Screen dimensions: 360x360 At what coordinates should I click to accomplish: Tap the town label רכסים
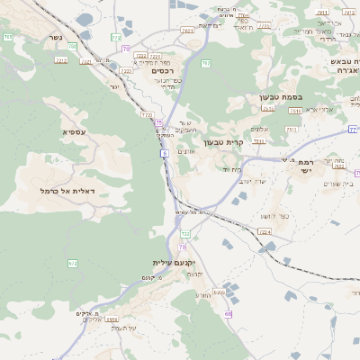click(x=162, y=70)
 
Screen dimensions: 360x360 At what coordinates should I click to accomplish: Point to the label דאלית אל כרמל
click(x=67, y=191)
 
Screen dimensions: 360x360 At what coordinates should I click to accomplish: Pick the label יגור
click(x=114, y=86)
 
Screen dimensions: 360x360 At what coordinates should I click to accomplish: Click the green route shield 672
click(x=73, y=263)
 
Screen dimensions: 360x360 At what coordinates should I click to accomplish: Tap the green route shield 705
click(x=7, y=37)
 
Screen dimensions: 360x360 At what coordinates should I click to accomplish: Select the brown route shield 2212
click(x=61, y=60)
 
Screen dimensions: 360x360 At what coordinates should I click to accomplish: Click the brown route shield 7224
click(x=264, y=232)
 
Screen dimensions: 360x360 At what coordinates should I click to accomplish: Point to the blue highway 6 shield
click(x=165, y=154)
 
